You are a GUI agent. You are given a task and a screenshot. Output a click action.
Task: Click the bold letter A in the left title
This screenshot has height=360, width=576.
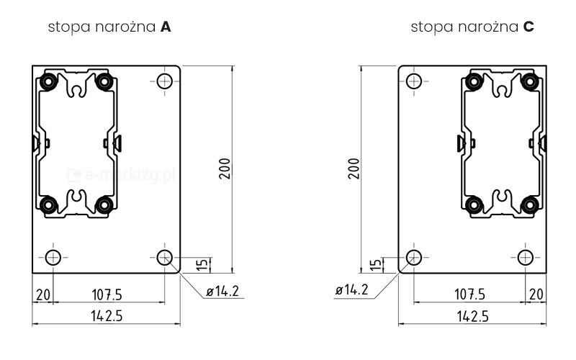[166, 27]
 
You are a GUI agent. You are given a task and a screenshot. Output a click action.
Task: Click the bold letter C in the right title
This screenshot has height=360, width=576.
[528, 27]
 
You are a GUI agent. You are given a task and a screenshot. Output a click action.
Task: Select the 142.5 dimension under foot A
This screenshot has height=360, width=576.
[106, 315]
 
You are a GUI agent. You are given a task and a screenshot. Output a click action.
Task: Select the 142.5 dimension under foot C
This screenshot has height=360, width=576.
[473, 315]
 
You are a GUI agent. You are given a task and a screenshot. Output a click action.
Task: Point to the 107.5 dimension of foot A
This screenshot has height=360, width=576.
[107, 294]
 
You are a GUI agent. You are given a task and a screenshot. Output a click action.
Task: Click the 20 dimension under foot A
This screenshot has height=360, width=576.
[43, 294]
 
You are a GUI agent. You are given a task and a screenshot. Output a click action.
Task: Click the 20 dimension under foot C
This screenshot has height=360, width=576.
[536, 294]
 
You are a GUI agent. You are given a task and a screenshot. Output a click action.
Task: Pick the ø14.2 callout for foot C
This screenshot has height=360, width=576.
[352, 291]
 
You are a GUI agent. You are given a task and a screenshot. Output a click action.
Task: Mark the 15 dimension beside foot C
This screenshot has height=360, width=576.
[374, 265]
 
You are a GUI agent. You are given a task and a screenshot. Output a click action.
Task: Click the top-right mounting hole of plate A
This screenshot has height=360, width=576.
[165, 79]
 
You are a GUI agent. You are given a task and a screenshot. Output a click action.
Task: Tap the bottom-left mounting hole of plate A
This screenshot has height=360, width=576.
[53, 257]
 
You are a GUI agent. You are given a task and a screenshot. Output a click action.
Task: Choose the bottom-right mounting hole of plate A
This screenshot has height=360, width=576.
[165, 257]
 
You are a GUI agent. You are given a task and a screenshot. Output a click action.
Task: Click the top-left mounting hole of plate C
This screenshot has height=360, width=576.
[414, 79]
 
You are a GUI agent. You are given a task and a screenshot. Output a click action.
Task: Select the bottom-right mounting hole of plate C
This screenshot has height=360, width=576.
[526, 257]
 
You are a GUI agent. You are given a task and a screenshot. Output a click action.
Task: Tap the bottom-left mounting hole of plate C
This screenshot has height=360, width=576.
[414, 257]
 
